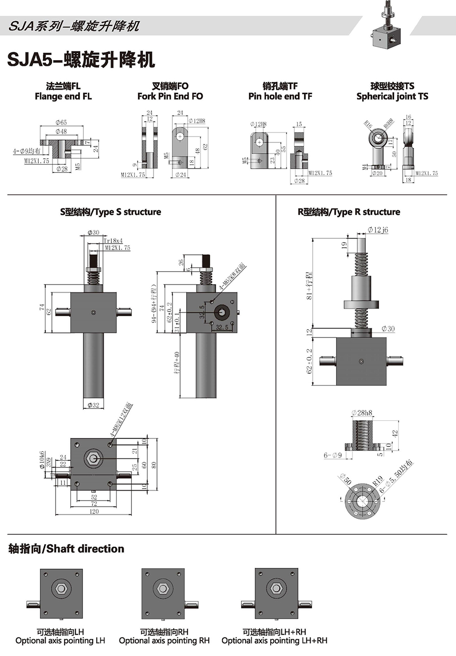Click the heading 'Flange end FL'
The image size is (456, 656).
63,97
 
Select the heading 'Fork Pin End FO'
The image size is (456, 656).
170,97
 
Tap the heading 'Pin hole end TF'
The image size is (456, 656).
280,97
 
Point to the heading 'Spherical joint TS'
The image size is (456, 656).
392,97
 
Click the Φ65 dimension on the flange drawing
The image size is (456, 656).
61,123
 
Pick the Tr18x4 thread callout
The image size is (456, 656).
113,241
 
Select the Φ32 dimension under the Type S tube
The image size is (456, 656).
93,405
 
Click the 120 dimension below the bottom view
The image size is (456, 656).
94,511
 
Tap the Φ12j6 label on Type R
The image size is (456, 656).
378,230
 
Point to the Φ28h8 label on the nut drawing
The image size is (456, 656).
361,413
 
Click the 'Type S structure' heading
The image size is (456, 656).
110,212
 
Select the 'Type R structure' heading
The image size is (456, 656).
349,212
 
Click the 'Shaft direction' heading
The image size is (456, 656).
66,549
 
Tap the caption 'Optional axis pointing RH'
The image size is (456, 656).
164,641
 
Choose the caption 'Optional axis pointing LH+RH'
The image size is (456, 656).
274,641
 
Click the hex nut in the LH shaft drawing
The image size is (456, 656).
61,588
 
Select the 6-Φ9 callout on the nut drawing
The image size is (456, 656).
332,455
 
